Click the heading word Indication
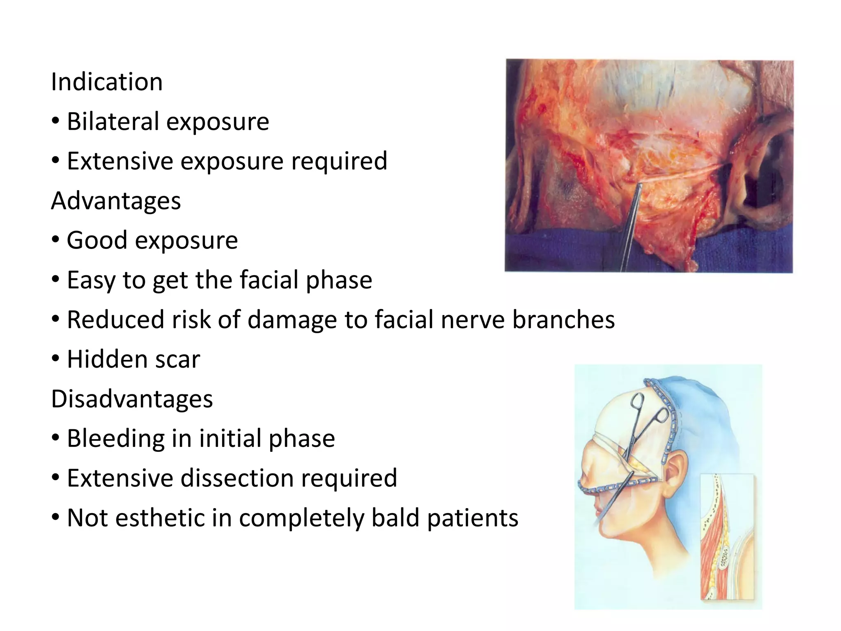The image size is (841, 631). click(x=107, y=82)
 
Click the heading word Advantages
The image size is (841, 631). click(x=116, y=201)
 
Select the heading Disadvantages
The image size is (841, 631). click(x=132, y=399)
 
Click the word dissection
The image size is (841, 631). click(x=237, y=478)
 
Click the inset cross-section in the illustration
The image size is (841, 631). click(x=727, y=538)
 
